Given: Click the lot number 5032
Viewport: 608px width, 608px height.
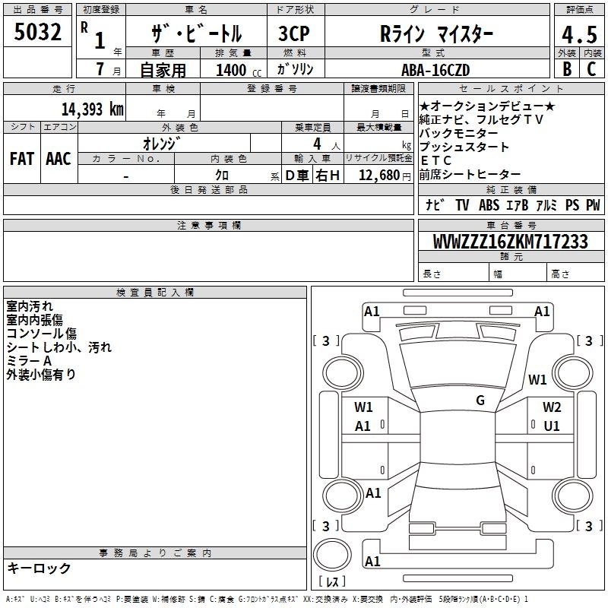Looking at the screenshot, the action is click(37, 32).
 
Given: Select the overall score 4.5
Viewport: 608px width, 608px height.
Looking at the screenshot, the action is click(579, 34).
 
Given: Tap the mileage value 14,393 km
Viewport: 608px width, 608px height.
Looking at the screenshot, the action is click(92, 109).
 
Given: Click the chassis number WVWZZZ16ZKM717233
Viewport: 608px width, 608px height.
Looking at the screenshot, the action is click(510, 241).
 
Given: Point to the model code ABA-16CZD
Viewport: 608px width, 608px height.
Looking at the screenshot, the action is click(435, 70).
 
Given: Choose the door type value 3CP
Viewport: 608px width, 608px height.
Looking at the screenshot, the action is click(294, 33).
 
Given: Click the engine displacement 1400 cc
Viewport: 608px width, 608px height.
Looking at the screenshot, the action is click(239, 70).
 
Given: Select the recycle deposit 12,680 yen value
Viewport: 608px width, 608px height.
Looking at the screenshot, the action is click(385, 175).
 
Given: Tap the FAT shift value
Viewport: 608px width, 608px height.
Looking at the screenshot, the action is click(22, 159).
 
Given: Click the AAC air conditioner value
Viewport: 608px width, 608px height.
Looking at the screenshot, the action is click(59, 159).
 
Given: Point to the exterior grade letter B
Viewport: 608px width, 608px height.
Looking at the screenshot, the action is click(567, 69).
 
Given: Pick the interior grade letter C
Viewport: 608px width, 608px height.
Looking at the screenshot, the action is click(591, 69).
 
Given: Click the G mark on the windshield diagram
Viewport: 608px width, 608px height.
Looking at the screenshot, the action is click(480, 401).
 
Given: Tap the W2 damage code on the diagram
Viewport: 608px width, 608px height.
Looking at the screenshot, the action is click(552, 407).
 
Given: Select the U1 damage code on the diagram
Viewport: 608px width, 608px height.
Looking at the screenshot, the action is click(552, 426).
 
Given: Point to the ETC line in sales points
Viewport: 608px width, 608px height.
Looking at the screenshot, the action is click(435, 160).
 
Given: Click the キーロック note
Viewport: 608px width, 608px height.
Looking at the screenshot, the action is click(39, 568).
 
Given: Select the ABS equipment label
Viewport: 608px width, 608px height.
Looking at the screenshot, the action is click(489, 204).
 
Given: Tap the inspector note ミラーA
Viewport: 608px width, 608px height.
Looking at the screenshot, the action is click(29, 361).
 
